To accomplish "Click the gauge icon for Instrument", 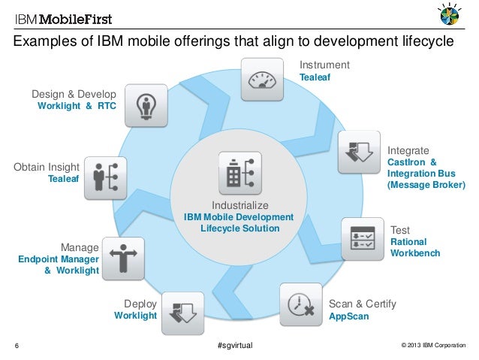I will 262,79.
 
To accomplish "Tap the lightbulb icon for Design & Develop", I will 146,106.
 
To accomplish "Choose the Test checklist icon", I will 363,239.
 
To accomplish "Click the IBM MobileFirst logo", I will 56,17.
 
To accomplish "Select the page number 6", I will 17,346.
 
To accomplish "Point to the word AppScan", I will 349,317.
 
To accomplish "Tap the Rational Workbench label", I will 414,247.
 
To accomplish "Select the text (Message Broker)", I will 426,184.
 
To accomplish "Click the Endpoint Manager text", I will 58,259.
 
